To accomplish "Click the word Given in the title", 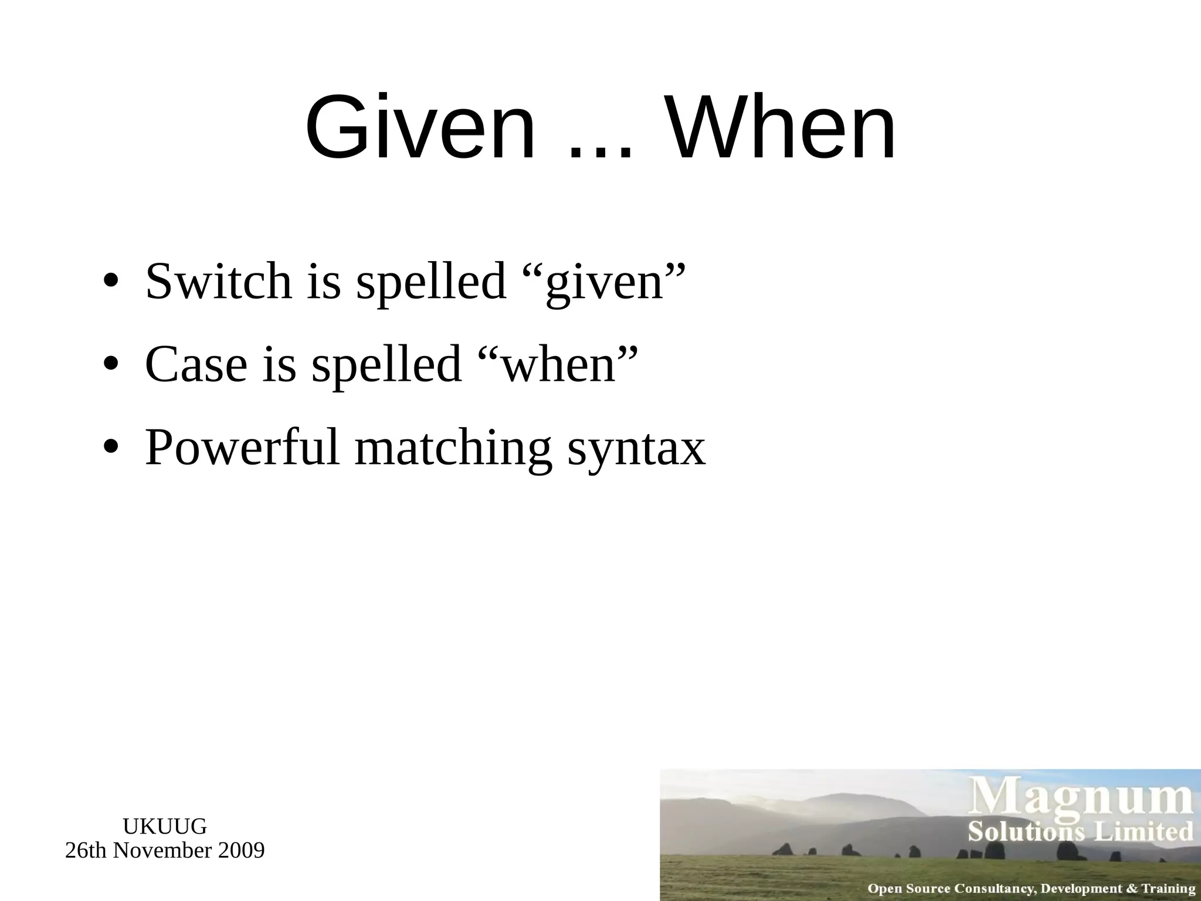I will [420, 128].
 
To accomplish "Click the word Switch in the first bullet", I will [218, 281].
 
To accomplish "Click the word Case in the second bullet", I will [196, 364].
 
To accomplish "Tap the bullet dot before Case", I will [110, 365].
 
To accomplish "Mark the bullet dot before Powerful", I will [110, 448].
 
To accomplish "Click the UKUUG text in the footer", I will [165, 827].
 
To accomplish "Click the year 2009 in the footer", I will [241, 851].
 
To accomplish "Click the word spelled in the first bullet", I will [431, 282].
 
